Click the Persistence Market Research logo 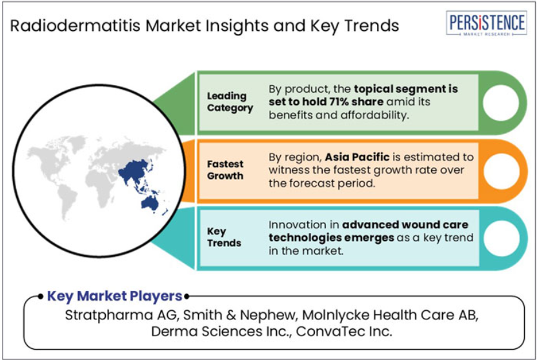(486, 23)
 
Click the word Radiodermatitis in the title (76, 26)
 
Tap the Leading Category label (230, 102)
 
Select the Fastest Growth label (225, 170)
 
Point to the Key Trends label (224, 237)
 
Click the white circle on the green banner (501, 103)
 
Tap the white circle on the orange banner (501, 171)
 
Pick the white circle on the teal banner (501, 239)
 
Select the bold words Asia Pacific (357, 157)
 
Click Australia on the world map (150, 203)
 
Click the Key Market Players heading (114, 296)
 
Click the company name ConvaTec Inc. (344, 331)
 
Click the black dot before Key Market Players (41, 296)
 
